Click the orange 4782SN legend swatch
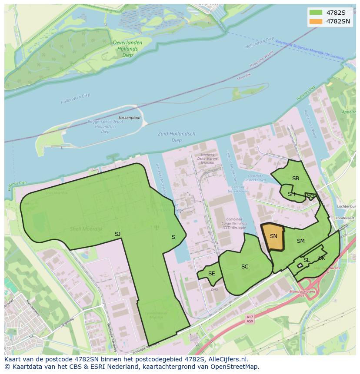[x=316, y=21]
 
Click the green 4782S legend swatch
[x=316, y=12]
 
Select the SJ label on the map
[x=117, y=234]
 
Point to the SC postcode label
[x=245, y=267]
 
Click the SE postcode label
[x=211, y=274]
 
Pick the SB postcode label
[x=295, y=179]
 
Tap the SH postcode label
[x=291, y=194]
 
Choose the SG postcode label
[x=310, y=196]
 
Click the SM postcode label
[x=300, y=241]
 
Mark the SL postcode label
[x=306, y=260]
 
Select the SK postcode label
[x=321, y=258]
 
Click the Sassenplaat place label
[x=129, y=118]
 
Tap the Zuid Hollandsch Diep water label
[x=177, y=137]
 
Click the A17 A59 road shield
[x=249, y=319]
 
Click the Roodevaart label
[x=345, y=218]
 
